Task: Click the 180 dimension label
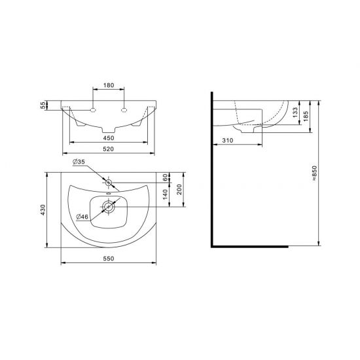109,85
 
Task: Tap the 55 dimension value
43,105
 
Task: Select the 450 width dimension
109,138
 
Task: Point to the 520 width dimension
109,149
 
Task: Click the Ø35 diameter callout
79,162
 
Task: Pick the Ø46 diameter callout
82,217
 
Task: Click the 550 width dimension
109,259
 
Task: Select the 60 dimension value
166,177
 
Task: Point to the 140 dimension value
166,194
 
